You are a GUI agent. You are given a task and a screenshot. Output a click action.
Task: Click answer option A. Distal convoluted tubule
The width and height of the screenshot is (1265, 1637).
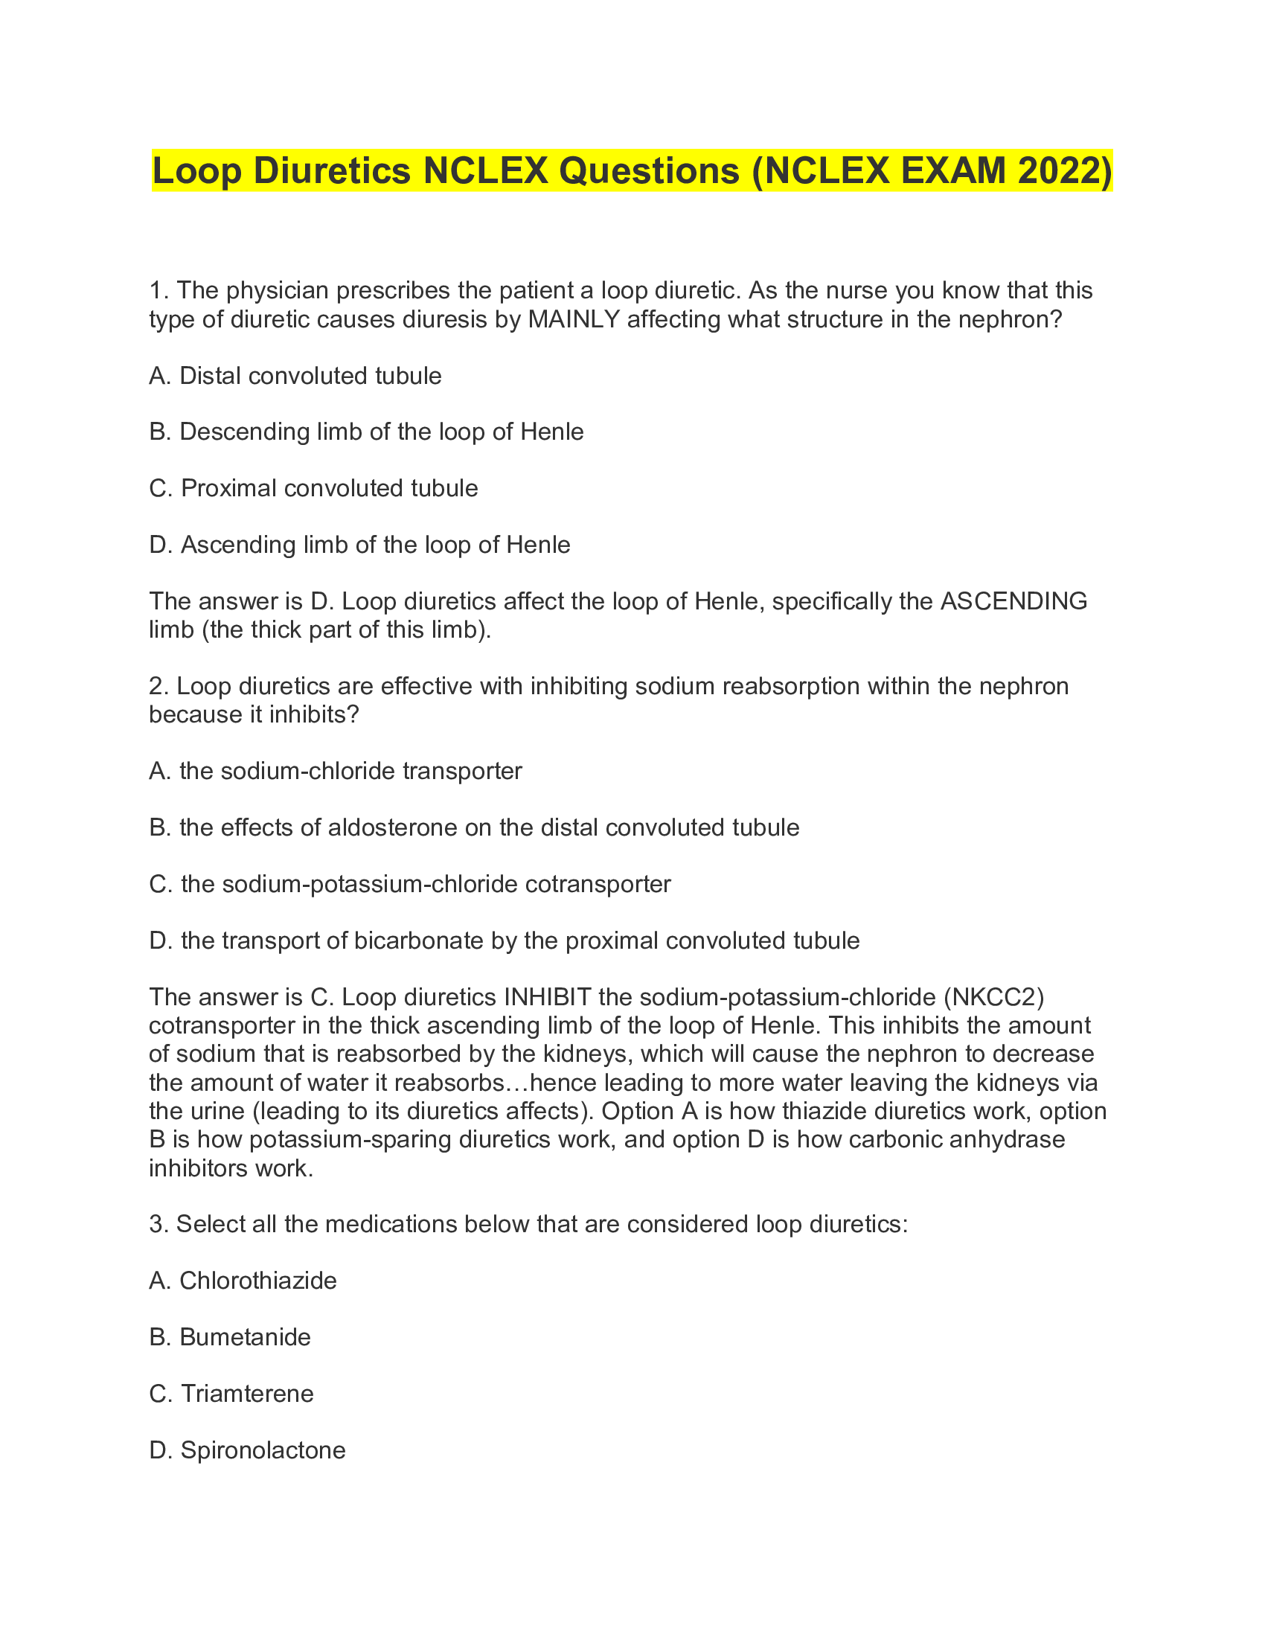[295, 376]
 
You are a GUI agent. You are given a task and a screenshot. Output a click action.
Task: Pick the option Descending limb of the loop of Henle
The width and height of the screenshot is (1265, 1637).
[366, 432]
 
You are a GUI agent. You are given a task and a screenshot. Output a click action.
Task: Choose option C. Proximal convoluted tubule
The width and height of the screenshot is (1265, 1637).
[313, 488]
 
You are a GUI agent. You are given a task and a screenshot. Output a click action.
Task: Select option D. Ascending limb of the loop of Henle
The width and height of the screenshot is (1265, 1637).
[359, 544]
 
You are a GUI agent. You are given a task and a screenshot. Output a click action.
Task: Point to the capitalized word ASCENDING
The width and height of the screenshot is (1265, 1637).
[1013, 601]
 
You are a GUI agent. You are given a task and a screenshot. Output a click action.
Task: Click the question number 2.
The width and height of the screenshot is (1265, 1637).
[156, 686]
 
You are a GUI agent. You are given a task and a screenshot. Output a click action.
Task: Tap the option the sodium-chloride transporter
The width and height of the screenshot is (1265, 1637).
[335, 771]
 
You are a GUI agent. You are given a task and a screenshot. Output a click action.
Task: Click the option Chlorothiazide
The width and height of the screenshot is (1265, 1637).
[243, 1281]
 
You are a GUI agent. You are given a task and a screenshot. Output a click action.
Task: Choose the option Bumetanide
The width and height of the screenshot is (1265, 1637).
[230, 1337]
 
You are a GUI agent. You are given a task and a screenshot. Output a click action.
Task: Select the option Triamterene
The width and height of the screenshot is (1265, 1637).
[231, 1394]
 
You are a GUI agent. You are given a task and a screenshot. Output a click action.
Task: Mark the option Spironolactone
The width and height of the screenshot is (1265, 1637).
[247, 1450]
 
